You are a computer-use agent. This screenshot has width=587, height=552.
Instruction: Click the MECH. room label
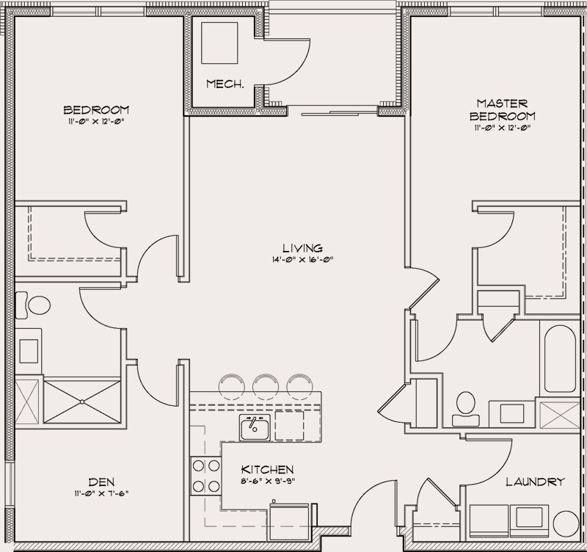(x=225, y=84)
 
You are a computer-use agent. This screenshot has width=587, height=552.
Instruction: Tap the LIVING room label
(x=303, y=248)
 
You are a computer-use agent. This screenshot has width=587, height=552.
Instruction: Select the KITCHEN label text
(x=267, y=469)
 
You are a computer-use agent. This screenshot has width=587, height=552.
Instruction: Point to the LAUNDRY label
(x=536, y=482)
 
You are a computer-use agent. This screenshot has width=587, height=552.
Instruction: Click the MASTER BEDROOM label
(x=503, y=109)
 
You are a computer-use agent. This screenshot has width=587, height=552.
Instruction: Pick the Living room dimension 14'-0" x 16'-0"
(x=303, y=260)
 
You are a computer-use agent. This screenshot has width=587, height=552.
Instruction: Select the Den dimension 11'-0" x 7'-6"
(x=101, y=493)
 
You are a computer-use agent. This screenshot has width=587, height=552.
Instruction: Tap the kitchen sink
(x=255, y=427)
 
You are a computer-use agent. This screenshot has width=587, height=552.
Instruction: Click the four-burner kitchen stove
(x=206, y=476)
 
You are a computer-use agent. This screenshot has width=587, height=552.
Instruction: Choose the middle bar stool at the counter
(x=266, y=385)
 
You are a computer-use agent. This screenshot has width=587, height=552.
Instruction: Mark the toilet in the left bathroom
(x=33, y=305)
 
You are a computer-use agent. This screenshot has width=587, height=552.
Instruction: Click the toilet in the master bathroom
(x=466, y=409)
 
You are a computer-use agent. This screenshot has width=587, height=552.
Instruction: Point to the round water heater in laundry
(x=566, y=523)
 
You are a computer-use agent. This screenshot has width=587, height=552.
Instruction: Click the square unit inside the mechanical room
(x=219, y=43)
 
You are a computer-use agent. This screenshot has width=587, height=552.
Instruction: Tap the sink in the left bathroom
(x=29, y=351)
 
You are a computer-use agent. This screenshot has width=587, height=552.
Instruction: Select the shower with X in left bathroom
(x=82, y=402)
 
